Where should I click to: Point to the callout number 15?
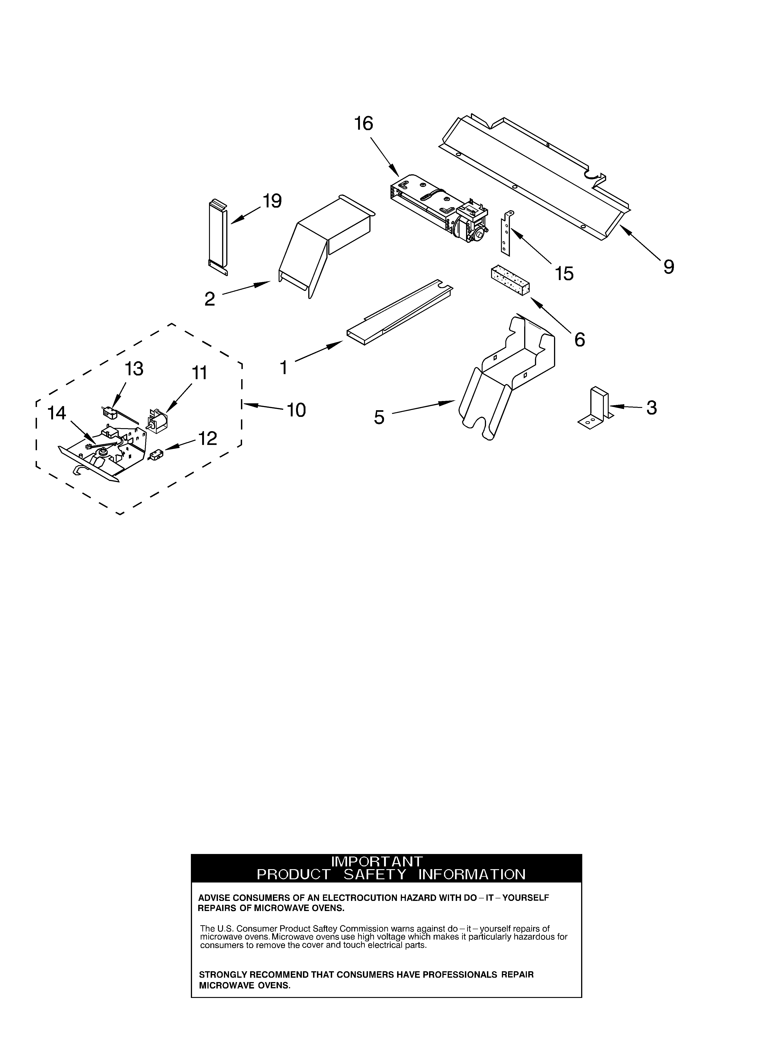564,274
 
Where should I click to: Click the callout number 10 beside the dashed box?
296,410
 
